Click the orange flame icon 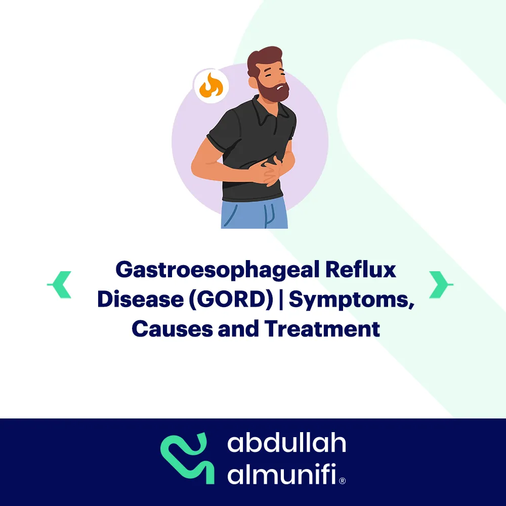[211, 86]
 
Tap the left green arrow [60, 284]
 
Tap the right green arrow [440, 284]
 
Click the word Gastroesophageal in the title [218, 270]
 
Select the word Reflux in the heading [360, 269]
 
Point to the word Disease [140, 299]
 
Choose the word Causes [173, 329]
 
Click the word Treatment [322, 329]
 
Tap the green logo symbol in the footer [188, 458]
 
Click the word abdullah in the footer [286, 443]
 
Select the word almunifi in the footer [282, 474]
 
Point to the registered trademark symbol [343, 481]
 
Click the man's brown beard [273, 91]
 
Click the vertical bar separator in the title [281, 300]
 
